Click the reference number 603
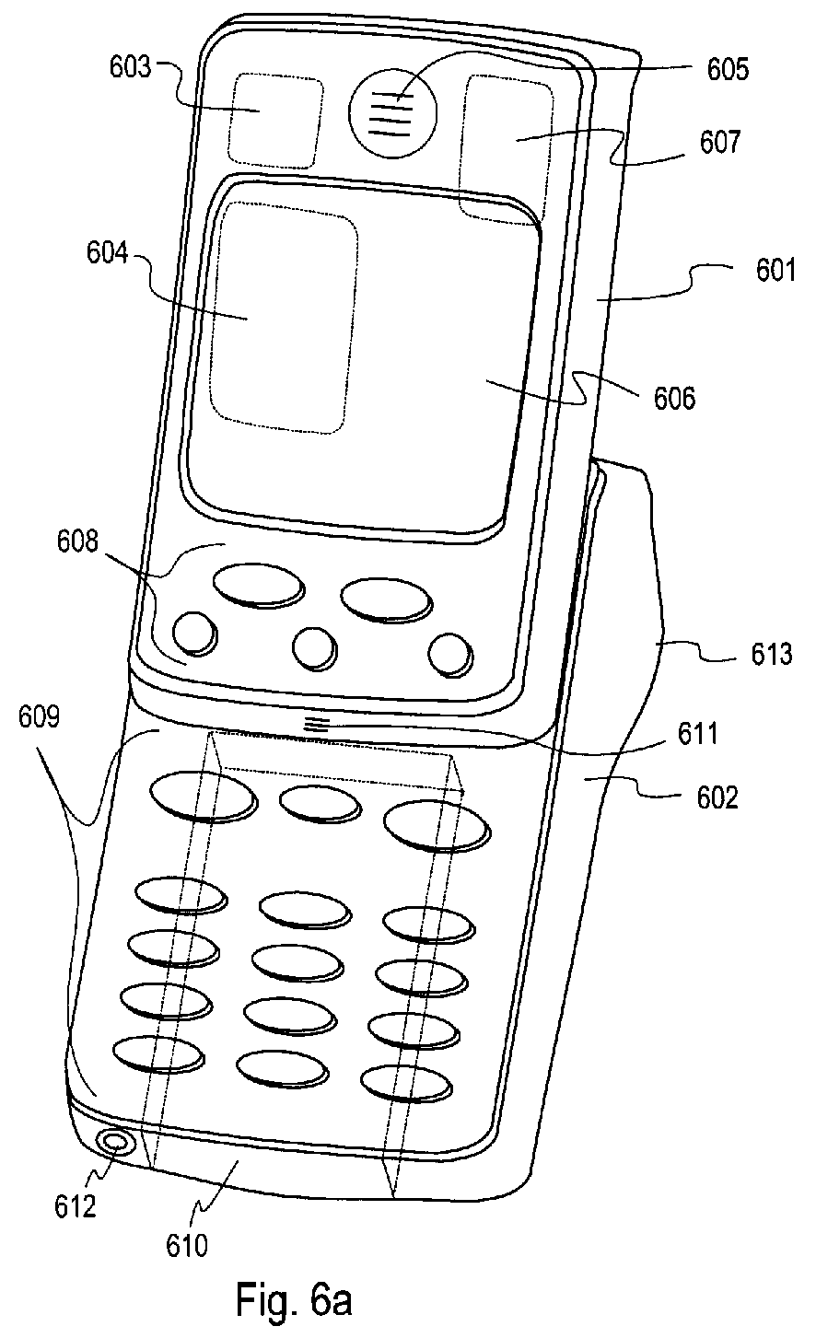[x=130, y=67]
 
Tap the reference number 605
[x=728, y=70]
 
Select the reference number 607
[x=720, y=142]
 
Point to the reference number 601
[x=775, y=271]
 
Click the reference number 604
[x=108, y=253]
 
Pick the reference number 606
[x=675, y=398]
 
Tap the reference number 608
[x=77, y=541]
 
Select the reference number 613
[x=771, y=654]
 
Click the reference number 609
[x=40, y=716]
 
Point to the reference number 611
[x=696, y=734]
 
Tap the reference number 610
[x=187, y=1246]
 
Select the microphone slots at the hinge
[x=316, y=725]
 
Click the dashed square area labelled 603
[x=275, y=120]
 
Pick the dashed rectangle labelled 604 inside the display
[x=283, y=317]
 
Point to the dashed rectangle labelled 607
[x=506, y=149]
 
